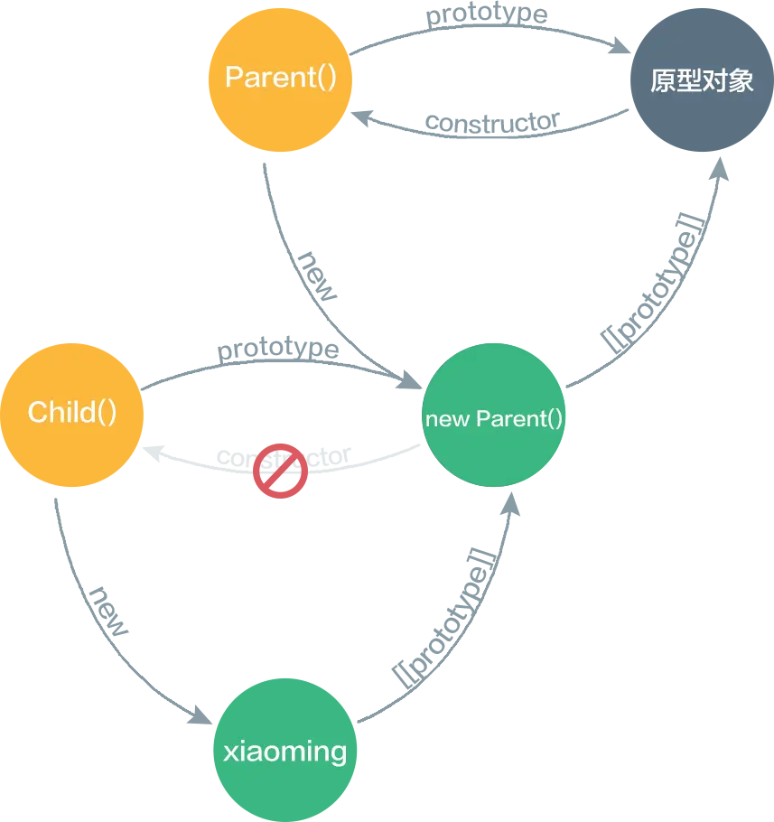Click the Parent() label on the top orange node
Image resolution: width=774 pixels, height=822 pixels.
click(x=281, y=78)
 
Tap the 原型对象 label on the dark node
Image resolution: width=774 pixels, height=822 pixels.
click(x=702, y=81)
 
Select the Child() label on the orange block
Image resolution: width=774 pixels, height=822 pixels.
click(x=72, y=413)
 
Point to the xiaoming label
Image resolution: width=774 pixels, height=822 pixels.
click(x=284, y=752)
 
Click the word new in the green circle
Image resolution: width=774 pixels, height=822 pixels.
click(x=447, y=419)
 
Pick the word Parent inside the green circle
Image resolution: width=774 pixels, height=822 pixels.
click(x=510, y=419)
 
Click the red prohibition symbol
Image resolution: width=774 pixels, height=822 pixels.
click(x=280, y=468)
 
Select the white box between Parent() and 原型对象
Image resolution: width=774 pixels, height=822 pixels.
click(x=492, y=84)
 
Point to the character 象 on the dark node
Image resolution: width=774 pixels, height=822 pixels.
click(x=741, y=81)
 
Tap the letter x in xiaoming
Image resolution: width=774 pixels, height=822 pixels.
click(x=229, y=752)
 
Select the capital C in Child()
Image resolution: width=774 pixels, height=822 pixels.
click(x=37, y=413)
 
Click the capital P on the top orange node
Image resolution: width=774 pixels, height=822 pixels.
click(x=233, y=78)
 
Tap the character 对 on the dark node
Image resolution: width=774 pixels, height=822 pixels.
click(x=715, y=81)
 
